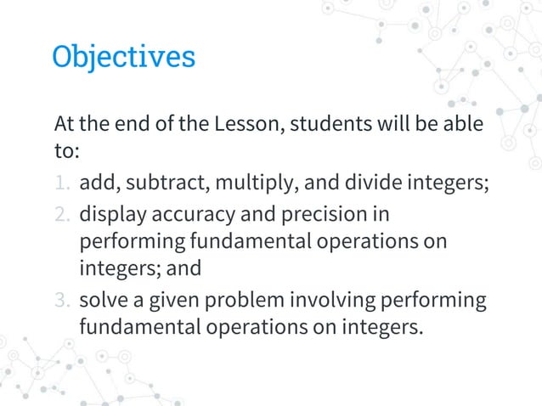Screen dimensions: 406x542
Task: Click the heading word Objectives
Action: tap(123, 57)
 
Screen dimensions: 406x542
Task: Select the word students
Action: tap(330, 124)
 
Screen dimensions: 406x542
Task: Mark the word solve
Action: tap(103, 300)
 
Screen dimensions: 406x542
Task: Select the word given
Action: tap(170, 301)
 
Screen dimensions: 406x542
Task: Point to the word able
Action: tap(463, 124)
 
